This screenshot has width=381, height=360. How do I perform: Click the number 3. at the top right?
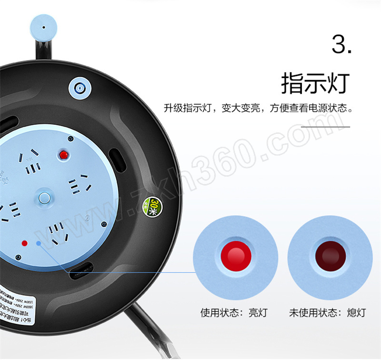pos(341,45)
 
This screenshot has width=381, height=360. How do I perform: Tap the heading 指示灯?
pos(315,83)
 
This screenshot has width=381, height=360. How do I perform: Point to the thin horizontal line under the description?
pos(326,127)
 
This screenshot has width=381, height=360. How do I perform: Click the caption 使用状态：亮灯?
pos(234,313)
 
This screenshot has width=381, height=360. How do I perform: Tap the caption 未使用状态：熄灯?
pos(327,313)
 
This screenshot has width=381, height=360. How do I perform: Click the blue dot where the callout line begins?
pos(38,243)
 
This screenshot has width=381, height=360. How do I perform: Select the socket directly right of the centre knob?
pos(80,184)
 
